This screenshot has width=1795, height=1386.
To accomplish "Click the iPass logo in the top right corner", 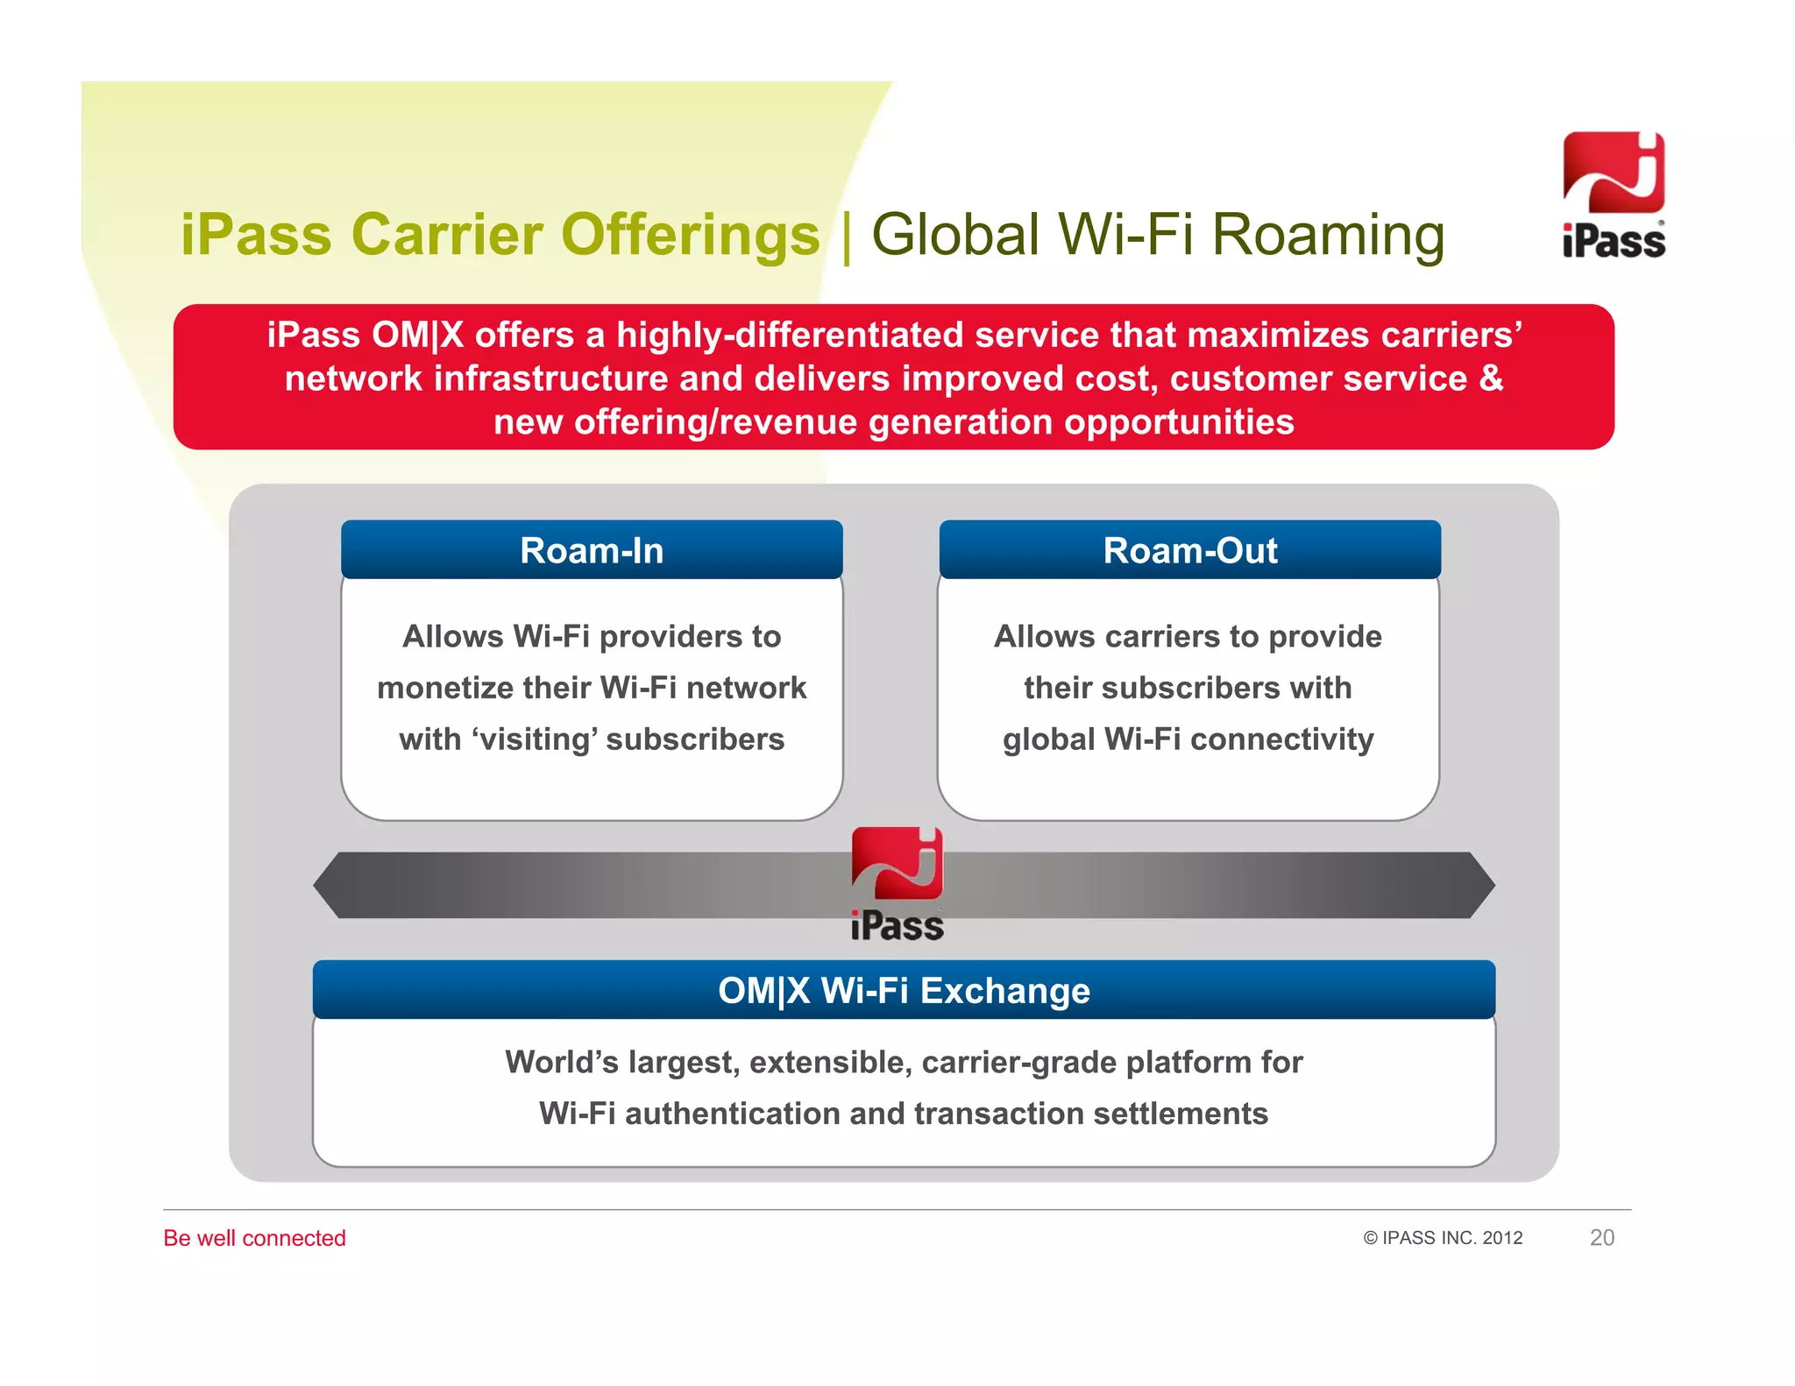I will [1614, 194].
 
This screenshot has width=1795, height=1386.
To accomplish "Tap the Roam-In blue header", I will [592, 550].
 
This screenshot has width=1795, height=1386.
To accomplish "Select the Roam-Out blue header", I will [1189, 550].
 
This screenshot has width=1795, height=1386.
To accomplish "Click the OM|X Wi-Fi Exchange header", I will [904, 990].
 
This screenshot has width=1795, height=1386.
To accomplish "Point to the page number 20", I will [1601, 1237].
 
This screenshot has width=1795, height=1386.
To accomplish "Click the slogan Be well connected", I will [254, 1237].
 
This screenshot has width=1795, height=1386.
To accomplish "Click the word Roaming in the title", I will [1328, 235].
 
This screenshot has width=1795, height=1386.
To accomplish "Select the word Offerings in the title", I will [690, 235].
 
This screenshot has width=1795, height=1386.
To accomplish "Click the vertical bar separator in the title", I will [847, 235].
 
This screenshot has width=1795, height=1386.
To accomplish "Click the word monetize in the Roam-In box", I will [445, 688].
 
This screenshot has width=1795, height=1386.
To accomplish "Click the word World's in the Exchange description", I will [562, 1062].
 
